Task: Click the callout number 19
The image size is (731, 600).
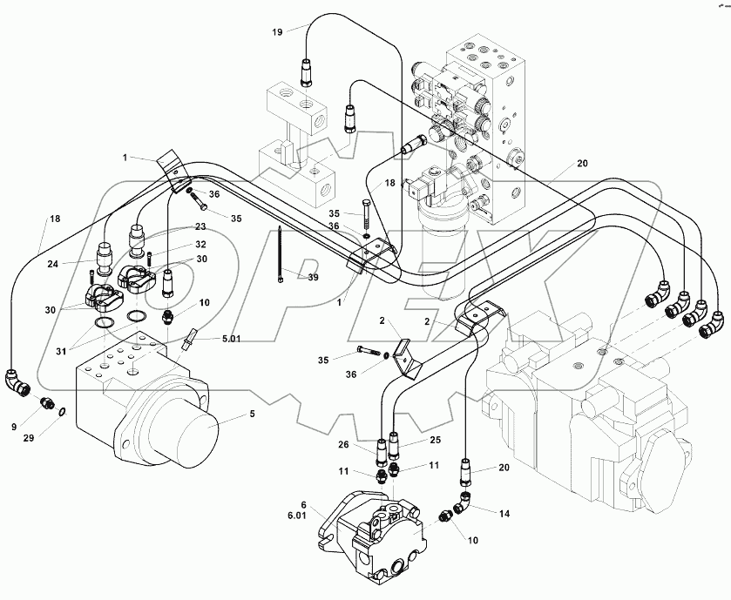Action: click(276, 31)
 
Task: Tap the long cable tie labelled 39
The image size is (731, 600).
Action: click(281, 253)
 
